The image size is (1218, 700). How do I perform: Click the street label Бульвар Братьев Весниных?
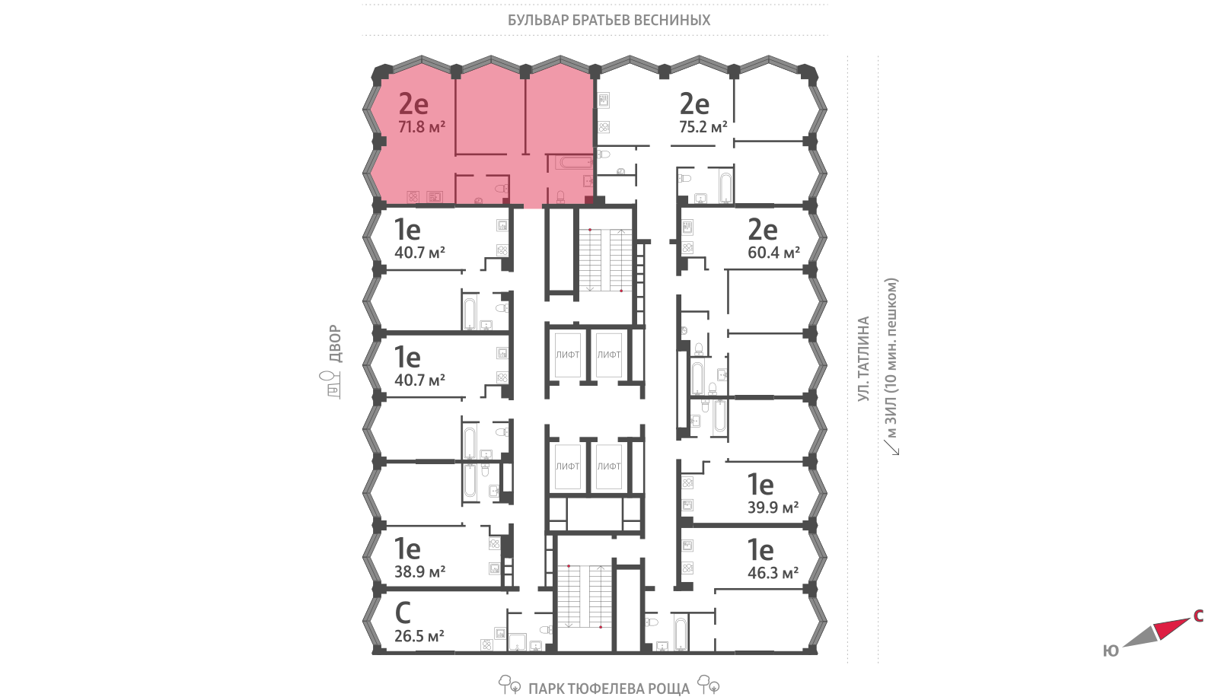coord(609,20)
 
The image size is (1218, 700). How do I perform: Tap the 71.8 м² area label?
coord(422,127)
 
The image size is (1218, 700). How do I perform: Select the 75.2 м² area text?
coord(703,127)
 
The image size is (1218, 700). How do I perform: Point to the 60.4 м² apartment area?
coord(773,253)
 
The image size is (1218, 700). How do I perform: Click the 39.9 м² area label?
coord(773,508)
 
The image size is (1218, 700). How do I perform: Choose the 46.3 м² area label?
coord(773,573)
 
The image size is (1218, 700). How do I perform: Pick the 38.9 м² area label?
coord(419,571)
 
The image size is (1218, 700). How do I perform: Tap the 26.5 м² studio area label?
coord(419,636)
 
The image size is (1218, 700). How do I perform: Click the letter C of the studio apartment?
coord(403,613)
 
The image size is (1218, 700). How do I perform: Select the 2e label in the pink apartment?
coord(413,103)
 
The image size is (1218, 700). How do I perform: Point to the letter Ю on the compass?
coord(1111,651)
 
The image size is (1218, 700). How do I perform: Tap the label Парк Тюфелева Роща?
coord(609,689)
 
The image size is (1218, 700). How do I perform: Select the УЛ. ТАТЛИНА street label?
coord(863,358)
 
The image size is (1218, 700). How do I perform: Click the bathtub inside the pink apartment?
coord(576,163)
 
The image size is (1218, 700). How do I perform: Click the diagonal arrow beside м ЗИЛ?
coord(891,447)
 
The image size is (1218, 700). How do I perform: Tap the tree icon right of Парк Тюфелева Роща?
coord(709,685)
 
